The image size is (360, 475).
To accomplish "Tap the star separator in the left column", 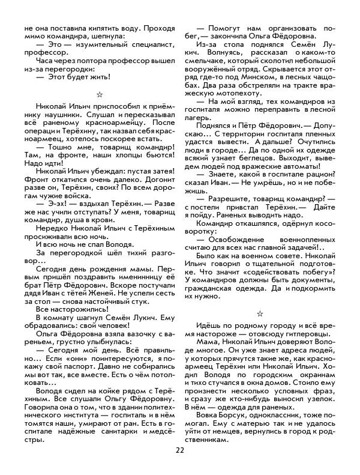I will coord(100,94).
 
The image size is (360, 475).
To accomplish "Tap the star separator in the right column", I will coord(260,313).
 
